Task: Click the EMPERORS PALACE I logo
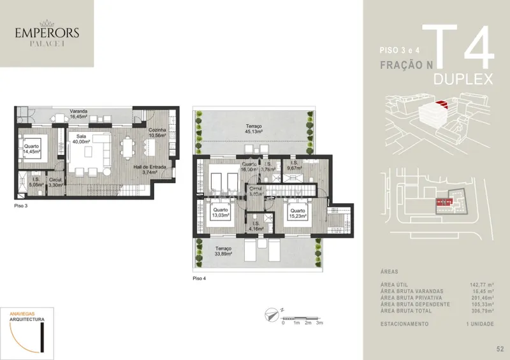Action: click(x=47, y=34)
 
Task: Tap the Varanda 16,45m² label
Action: click(x=79, y=115)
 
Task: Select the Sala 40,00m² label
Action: click(x=81, y=140)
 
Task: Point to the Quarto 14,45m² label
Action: click(x=31, y=149)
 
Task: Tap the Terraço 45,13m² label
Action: click(x=254, y=130)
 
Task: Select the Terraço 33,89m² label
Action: click(x=224, y=252)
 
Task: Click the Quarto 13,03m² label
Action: click(x=221, y=213)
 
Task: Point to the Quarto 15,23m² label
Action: click(x=297, y=213)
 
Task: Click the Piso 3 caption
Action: click(x=21, y=207)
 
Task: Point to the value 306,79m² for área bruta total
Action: click(x=481, y=311)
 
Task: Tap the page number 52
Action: click(x=499, y=348)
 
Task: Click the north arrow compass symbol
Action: click(x=273, y=313)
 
